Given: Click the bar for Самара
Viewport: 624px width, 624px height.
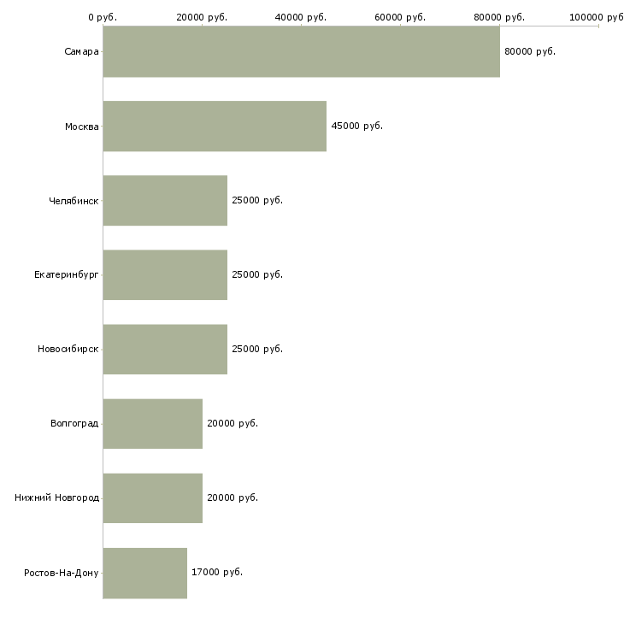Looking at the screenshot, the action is click(301, 51).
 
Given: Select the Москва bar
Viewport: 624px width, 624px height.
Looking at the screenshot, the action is click(215, 127).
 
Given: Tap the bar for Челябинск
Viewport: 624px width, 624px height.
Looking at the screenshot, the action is click(165, 201).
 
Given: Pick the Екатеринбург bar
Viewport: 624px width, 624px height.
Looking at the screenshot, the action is click(165, 275).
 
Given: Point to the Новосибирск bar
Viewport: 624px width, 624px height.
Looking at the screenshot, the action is click(165, 350).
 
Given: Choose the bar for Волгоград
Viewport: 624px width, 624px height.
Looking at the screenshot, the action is click(152, 424).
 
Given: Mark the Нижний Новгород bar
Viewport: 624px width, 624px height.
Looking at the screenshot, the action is click(152, 498).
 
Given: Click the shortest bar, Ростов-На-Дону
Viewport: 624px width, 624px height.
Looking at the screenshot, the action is click(144, 573).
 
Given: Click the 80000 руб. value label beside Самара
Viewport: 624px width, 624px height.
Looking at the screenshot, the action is click(530, 52).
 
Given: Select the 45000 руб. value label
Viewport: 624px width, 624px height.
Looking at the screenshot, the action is click(357, 127).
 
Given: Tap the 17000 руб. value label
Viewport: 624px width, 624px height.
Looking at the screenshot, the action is click(217, 572).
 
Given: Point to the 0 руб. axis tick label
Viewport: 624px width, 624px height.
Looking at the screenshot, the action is click(103, 17).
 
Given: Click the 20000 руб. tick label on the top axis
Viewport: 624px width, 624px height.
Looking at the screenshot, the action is click(202, 17).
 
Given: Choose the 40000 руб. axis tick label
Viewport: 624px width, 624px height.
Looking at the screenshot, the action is click(300, 17).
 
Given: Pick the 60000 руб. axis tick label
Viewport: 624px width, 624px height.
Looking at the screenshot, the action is click(400, 17).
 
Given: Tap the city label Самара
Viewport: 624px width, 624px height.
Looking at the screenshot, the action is click(81, 52).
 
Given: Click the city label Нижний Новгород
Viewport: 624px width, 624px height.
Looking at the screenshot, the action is click(57, 497).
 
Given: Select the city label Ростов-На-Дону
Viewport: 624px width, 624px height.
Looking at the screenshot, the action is click(62, 573).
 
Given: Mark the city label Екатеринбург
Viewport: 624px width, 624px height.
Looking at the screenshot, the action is click(66, 275).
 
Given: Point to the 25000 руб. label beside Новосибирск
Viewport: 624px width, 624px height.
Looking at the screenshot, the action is click(257, 349).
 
